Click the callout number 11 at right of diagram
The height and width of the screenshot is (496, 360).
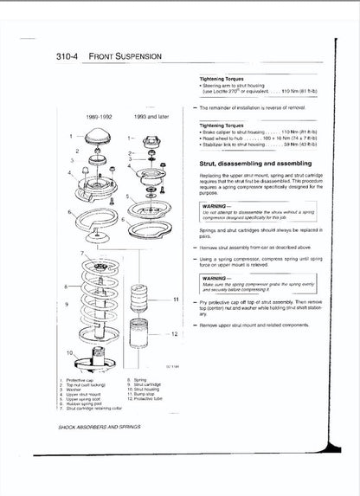coord(176,299)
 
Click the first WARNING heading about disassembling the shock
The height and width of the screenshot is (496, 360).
coord(216,206)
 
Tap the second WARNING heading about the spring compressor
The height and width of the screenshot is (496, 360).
coord(216,278)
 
